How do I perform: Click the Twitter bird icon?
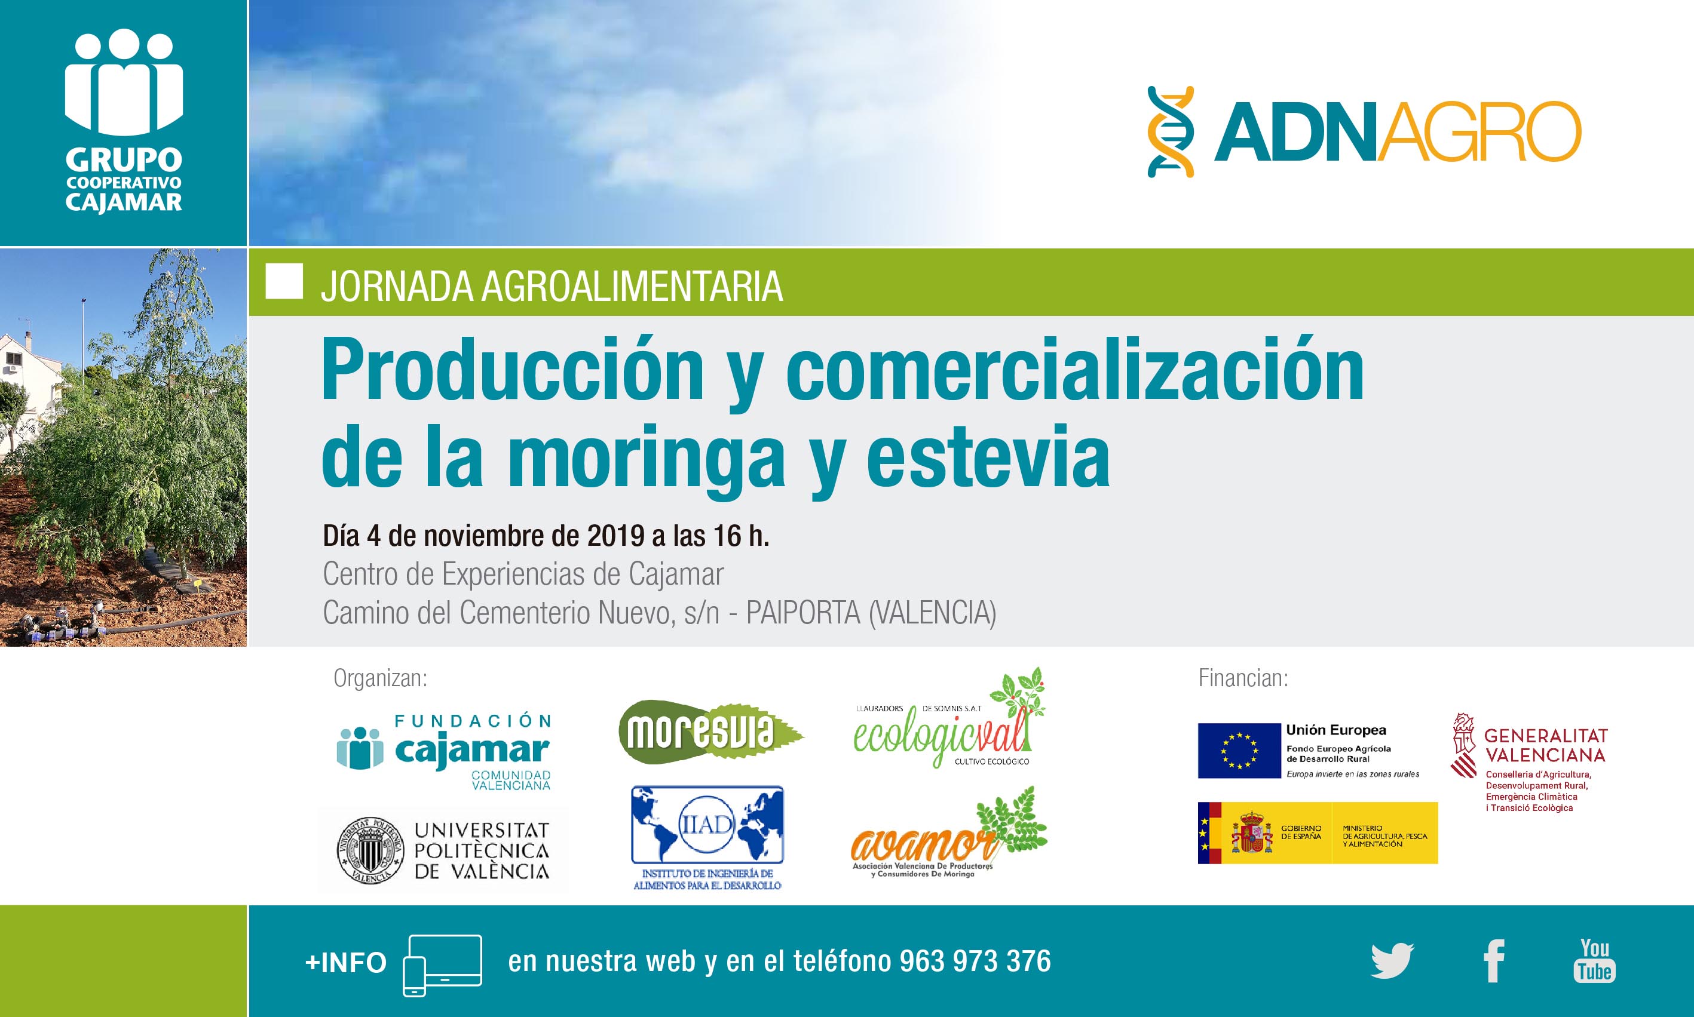[1392, 961]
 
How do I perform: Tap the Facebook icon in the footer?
[1494, 961]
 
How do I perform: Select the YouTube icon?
[1595, 961]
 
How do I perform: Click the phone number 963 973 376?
[975, 961]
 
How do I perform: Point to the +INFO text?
[345, 963]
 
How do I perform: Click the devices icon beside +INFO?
[442, 965]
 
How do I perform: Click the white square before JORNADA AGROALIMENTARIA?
[284, 281]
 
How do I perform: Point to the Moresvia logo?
[711, 731]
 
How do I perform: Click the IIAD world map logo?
[707, 837]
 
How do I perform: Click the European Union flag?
[1239, 751]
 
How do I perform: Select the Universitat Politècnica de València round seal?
[371, 850]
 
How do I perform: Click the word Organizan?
[381, 678]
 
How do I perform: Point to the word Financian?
[1243, 678]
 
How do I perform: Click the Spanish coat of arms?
[1251, 832]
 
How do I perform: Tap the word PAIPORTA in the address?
[802, 613]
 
